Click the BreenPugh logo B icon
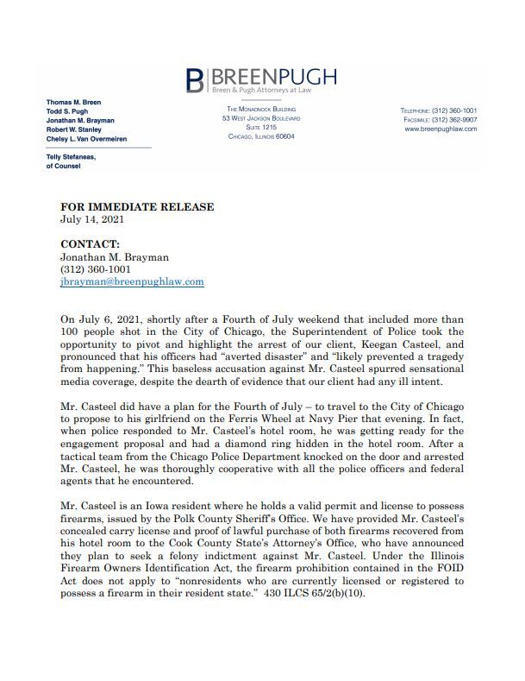point(196,79)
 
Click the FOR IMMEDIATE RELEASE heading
point(137,207)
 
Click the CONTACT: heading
point(90,244)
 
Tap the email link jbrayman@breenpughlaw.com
point(132,281)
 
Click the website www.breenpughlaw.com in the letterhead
point(441,129)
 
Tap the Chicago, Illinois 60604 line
point(261,137)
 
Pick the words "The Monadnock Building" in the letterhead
point(261,110)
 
